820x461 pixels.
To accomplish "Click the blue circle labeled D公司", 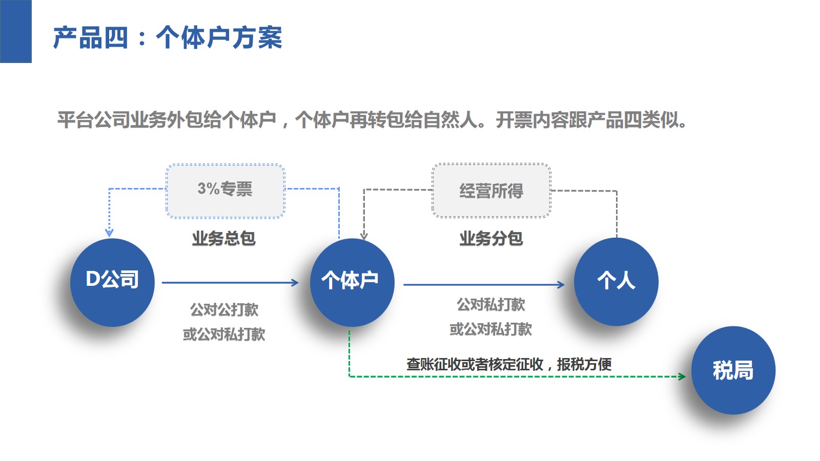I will tap(112, 282).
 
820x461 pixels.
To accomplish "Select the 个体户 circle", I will tap(352, 282).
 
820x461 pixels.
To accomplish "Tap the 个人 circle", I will tap(616, 282).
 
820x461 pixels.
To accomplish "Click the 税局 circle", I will tap(733, 370).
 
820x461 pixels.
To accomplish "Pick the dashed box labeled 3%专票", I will tap(225, 191).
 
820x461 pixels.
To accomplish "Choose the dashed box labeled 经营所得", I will tap(491, 191).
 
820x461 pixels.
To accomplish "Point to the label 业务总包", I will tap(223, 238).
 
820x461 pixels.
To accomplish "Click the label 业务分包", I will tap(491, 238).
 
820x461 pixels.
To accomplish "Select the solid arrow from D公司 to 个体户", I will tap(230, 282).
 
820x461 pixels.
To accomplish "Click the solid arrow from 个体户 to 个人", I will tap(483, 284).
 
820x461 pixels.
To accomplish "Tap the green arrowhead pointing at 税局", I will tap(682, 376).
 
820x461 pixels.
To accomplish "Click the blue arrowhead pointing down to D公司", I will tap(109, 233).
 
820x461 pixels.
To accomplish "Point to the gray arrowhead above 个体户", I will tap(364, 236).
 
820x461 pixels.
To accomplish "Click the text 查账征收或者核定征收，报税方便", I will tap(508, 364).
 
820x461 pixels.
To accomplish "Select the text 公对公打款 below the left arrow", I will tap(224, 309).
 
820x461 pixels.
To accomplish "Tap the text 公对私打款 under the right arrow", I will tap(491, 305).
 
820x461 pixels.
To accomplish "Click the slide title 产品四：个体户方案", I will tap(168, 38).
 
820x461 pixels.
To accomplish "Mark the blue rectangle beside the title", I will tap(15, 31).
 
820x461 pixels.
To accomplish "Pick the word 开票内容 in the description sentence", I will tap(532, 120).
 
